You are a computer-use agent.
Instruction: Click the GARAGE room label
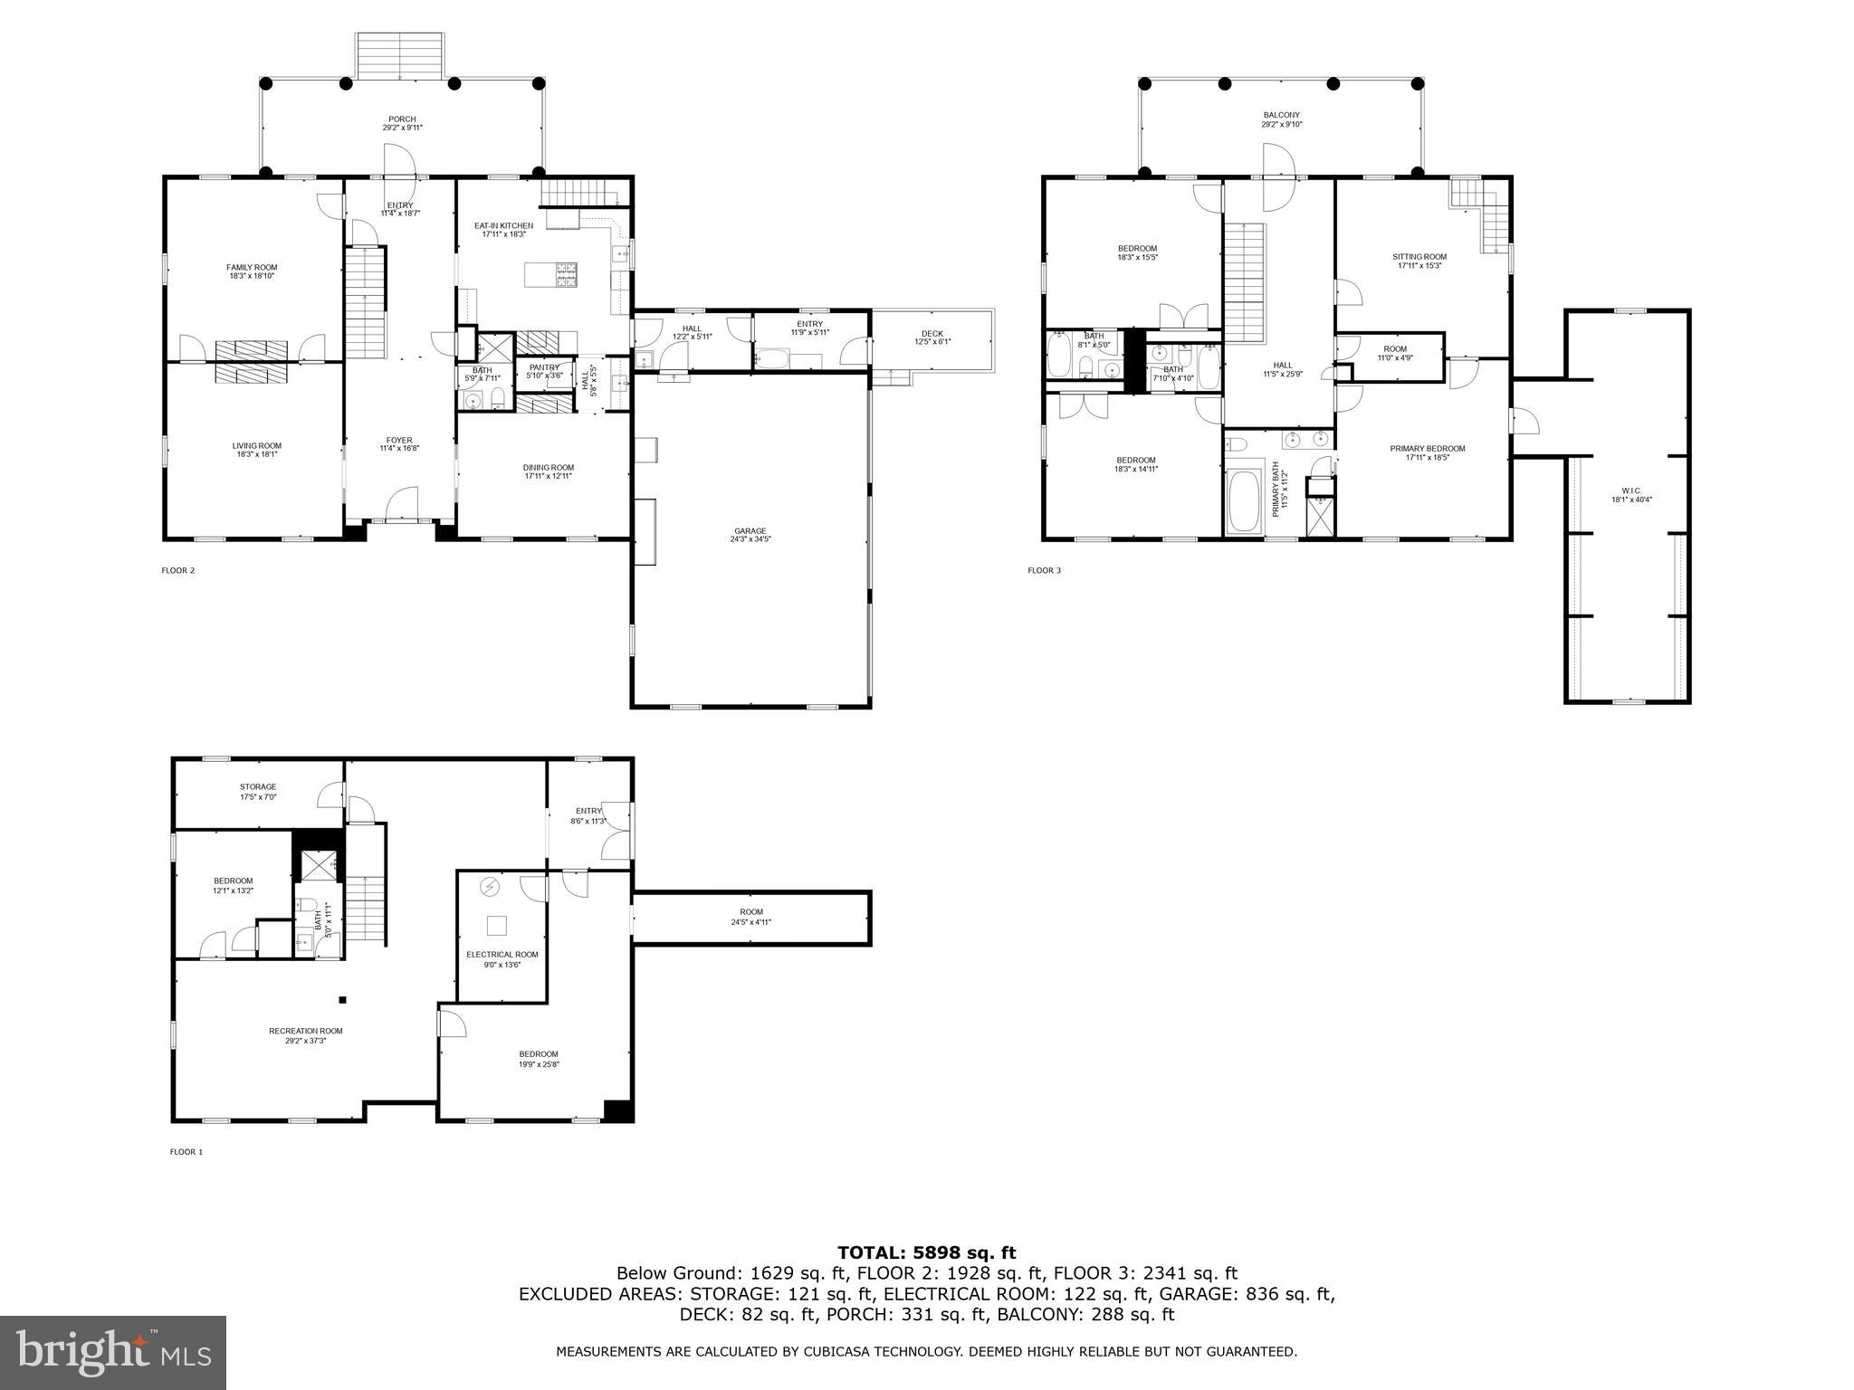pos(750,531)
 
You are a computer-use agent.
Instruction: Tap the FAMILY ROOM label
pos(252,267)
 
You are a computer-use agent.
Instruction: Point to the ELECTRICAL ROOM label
pos(502,954)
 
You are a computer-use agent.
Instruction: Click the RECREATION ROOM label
pos(305,1031)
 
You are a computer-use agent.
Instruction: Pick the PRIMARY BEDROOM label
pos(1434,448)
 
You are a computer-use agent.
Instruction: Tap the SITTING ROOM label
pos(1419,256)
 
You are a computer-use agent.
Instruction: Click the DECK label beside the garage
pos(932,334)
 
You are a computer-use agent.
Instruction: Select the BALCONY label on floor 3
pos(1281,115)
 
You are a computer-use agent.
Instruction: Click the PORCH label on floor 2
pos(402,119)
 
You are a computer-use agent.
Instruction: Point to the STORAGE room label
pos(258,786)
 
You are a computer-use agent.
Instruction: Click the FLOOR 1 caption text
pos(186,1152)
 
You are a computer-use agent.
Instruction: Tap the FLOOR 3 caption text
pos(1044,570)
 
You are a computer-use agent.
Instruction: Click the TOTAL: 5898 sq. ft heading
pos(926,1252)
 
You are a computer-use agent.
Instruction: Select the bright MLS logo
pos(113,1352)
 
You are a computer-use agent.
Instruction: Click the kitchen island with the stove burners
pos(551,274)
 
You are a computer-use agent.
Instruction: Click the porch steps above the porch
pos(400,56)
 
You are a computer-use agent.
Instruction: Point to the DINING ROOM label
pos(548,468)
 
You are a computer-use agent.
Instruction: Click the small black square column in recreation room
pos(343,1000)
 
